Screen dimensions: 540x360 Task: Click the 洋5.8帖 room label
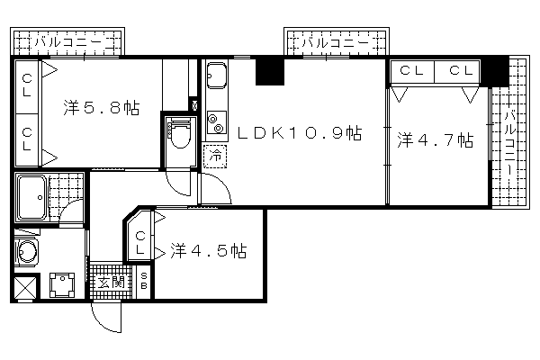[102, 108]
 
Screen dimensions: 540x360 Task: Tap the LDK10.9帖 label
[300, 133]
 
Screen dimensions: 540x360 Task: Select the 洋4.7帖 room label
[436, 139]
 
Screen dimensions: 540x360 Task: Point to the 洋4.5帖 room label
[209, 251]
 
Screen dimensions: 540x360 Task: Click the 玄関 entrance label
[112, 283]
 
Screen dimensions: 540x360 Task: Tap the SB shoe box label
[144, 281]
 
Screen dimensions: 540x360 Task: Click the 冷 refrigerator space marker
[215, 156]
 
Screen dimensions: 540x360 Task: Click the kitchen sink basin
[217, 76]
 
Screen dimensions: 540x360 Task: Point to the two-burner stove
[217, 123]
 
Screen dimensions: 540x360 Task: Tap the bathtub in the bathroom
[32, 198]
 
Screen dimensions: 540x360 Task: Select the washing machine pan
[62, 285]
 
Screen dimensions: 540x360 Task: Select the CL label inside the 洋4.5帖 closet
[140, 242]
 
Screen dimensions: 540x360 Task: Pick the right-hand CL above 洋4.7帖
[461, 70]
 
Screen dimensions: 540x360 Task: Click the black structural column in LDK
[270, 71]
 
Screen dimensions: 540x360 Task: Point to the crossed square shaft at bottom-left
[25, 286]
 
